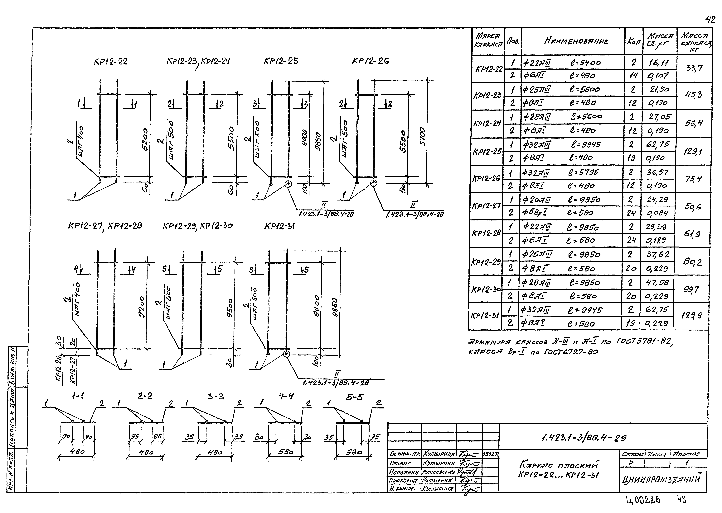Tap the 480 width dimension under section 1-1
pos(77,452)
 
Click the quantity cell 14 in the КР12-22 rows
pos(633,76)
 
